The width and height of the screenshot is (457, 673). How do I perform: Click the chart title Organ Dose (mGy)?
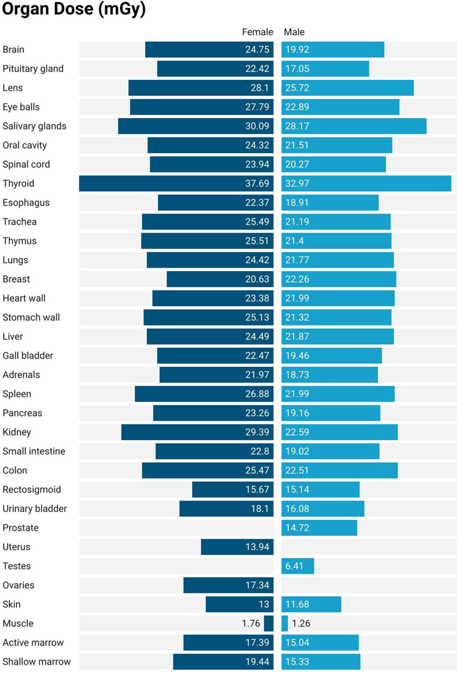[x=74, y=9]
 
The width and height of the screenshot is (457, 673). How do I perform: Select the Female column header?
[x=257, y=32]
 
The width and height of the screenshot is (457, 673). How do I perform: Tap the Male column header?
[x=294, y=32]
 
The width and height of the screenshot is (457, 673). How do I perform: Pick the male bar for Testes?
[x=298, y=566]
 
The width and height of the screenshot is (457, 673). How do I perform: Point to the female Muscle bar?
[x=268, y=623]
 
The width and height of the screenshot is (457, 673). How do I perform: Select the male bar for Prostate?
[x=319, y=528]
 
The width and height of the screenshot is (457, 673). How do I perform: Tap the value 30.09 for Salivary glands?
[x=257, y=126]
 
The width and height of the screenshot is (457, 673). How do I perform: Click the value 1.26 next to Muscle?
[x=301, y=623]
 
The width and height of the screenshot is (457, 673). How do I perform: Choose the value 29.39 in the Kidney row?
[x=257, y=432]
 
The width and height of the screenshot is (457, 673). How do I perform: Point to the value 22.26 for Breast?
[x=297, y=279]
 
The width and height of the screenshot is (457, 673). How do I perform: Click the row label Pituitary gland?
[x=33, y=69]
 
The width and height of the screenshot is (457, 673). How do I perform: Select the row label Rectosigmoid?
[x=32, y=489]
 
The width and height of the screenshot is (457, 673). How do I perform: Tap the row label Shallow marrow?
[x=37, y=662]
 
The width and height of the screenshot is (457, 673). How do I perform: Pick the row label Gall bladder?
[x=28, y=356]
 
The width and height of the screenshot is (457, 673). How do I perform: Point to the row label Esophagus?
[x=26, y=203]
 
